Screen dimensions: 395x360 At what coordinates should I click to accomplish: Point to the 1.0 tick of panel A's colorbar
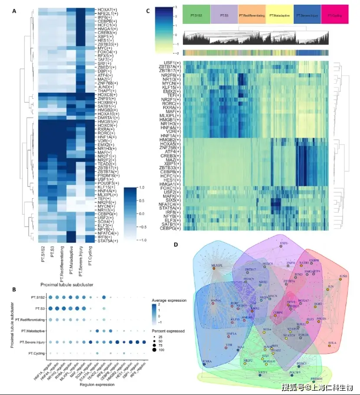coord(150,187)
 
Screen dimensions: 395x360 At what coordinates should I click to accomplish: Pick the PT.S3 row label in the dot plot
coord(36,308)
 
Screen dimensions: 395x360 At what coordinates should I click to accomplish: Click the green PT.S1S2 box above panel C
coord(196,15)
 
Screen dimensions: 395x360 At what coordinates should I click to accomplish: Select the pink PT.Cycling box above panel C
coord(335,15)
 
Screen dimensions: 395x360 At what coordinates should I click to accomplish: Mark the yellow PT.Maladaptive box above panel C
coord(279,15)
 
